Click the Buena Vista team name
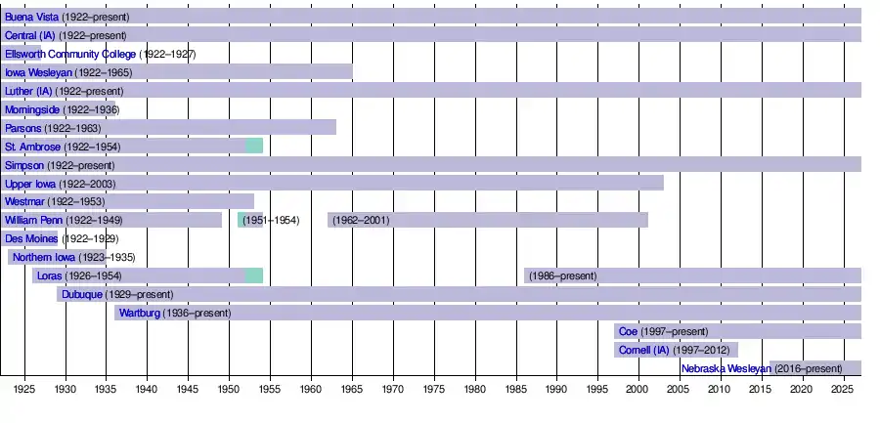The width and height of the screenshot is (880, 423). [x=31, y=18]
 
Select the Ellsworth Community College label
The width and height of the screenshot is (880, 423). [x=70, y=54]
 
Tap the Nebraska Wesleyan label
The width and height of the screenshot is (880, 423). [x=726, y=369]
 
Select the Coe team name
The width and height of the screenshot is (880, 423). [x=628, y=332]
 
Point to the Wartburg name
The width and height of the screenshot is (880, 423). [x=140, y=314]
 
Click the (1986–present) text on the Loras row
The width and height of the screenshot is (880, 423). [x=562, y=276]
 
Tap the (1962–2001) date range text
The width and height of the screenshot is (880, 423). [x=361, y=221]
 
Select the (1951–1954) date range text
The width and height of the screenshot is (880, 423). [x=271, y=221]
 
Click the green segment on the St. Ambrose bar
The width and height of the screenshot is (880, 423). [x=254, y=147]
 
